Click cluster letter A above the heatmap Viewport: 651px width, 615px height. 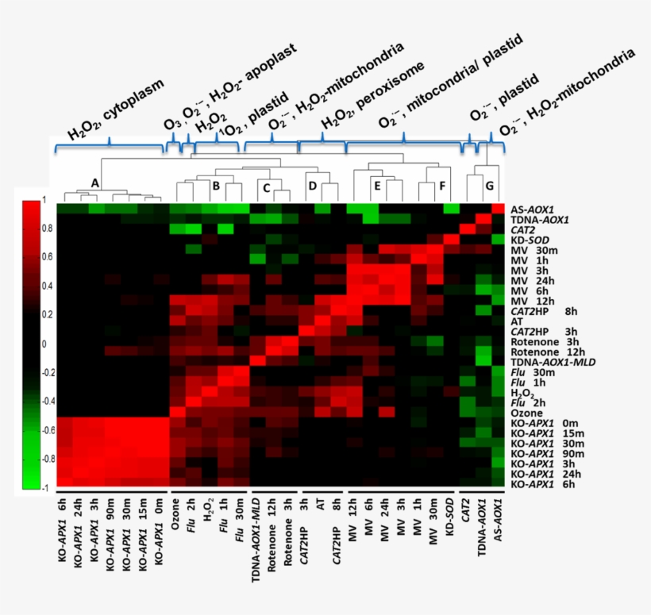coord(94,183)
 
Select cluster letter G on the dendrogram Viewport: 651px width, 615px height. coord(489,186)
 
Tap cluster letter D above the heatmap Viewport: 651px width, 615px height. coord(312,186)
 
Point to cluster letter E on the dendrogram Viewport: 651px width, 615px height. coord(377,186)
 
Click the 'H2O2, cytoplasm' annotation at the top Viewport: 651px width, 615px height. coord(115,109)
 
